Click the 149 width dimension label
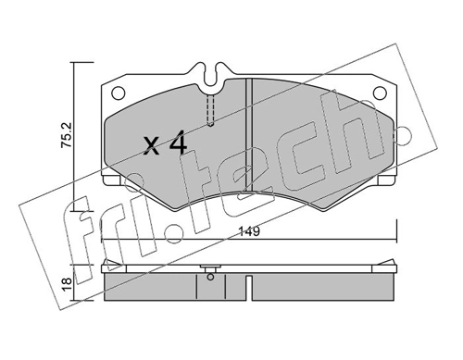(249, 231)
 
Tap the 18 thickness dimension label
(67, 284)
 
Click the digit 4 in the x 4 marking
(179, 142)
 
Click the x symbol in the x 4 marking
(152, 145)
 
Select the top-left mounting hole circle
(119, 93)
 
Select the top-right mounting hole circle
(380, 93)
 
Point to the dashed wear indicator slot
(210, 110)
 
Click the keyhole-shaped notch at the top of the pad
(211, 75)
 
